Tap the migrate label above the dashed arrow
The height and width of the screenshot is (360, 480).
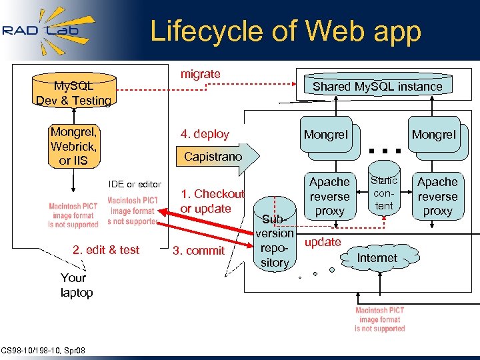[x=200, y=74]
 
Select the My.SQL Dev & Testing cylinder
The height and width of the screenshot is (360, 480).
[x=73, y=93]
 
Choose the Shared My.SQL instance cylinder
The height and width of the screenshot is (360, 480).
[x=377, y=87]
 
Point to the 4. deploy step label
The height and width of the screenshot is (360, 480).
[x=204, y=134]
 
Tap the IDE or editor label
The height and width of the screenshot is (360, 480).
[x=135, y=184]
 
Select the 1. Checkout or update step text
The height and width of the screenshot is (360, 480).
[x=211, y=201]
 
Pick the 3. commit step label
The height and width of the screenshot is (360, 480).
[x=199, y=250]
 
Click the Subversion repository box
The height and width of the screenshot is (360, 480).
[x=275, y=240]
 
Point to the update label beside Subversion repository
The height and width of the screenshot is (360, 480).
[x=323, y=242]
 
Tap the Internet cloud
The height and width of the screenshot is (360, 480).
[x=377, y=257]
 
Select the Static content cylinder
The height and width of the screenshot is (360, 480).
[x=384, y=193]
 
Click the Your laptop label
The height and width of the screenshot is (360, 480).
[x=76, y=285]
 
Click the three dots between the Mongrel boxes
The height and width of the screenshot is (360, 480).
[x=384, y=151]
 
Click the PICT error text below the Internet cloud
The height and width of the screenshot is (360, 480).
[x=380, y=319]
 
